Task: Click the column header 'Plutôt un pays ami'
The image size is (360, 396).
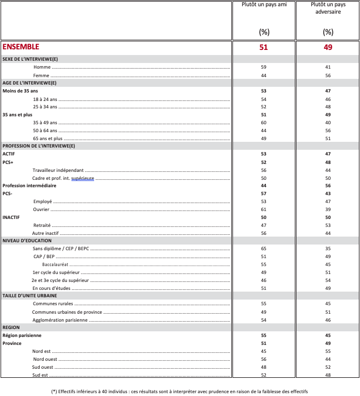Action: [263, 5]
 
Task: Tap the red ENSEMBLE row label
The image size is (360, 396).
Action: [21, 47]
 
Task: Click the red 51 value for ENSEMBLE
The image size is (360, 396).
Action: [263, 48]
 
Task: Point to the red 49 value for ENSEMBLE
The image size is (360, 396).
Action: [328, 48]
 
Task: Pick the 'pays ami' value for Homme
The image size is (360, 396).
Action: [264, 68]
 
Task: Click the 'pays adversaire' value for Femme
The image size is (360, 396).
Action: [328, 75]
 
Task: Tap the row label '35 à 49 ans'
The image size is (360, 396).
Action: [45, 123]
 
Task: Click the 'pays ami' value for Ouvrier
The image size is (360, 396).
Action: [264, 209]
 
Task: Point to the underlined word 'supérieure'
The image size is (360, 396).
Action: [82, 178]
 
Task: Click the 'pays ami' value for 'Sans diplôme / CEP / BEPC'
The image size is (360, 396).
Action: [264, 249]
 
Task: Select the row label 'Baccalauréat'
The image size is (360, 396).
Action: [55, 265]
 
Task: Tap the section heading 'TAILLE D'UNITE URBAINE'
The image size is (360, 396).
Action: [37, 296]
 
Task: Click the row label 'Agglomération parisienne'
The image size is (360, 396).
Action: [60, 320]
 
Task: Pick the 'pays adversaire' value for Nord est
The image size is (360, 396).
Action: [328, 351]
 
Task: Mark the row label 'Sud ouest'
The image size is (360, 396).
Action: [43, 367]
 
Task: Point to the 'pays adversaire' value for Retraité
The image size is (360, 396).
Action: [328, 225]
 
